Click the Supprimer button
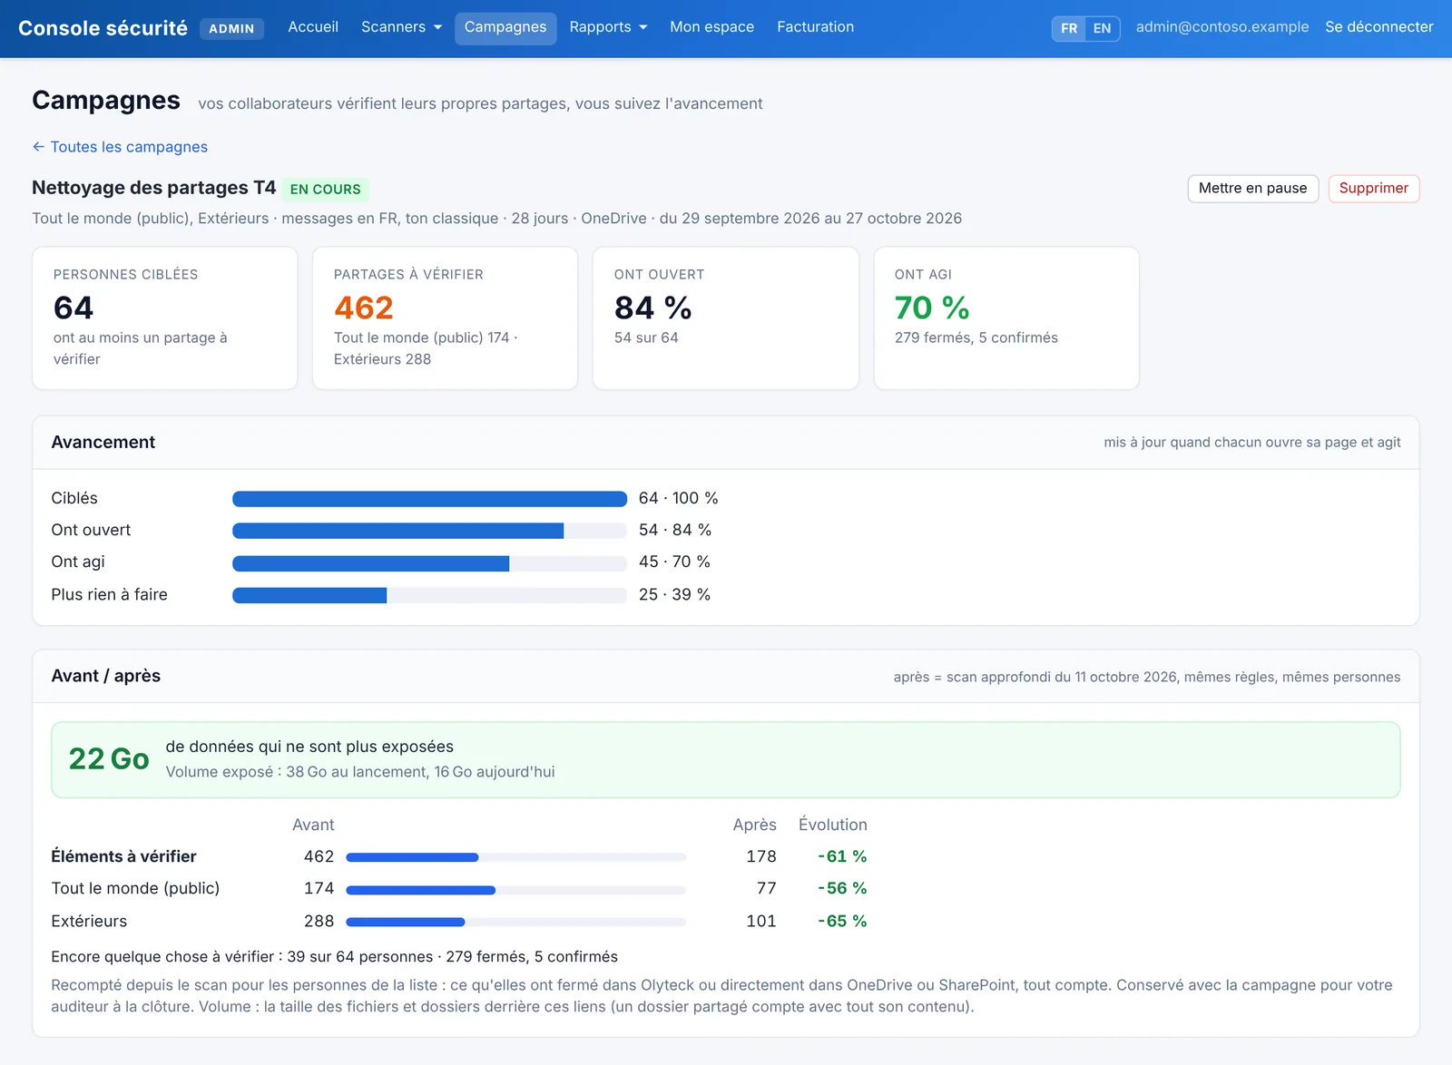[1373, 189]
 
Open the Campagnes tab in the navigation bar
[505, 27]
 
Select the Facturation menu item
[815, 27]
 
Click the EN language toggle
[1102, 28]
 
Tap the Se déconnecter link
[1378, 27]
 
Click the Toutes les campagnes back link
[120, 147]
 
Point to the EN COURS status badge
[326, 190]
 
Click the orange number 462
[364, 308]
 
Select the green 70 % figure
[931, 308]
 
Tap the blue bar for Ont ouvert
[398, 531]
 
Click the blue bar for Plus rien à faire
[309, 595]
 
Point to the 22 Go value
[109, 758]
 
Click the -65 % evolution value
[842, 921]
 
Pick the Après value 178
[761, 856]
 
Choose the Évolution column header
[832, 825]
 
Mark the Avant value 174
[319, 888]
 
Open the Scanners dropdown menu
[401, 27]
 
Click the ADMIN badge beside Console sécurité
[231, 28]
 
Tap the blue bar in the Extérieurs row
[406, 922]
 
